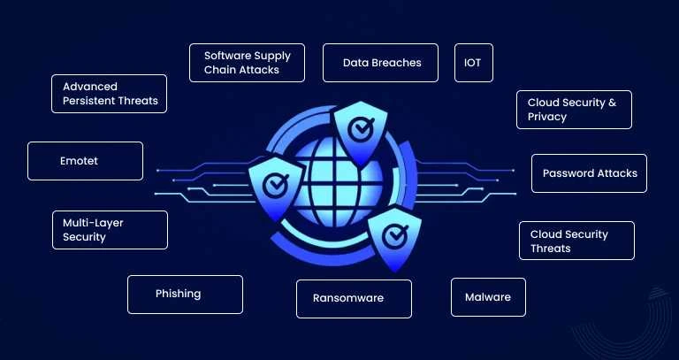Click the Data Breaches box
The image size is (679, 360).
pos(380,63)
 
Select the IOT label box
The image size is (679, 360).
pos(472,63)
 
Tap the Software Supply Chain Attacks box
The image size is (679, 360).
pos(248,63)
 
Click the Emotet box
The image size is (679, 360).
pos(85,161)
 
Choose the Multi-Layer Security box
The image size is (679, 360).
pos(110,230)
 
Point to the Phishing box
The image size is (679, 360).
pos(185,294)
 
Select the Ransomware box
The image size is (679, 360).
pos(354,298)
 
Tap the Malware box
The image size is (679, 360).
pos(488,297)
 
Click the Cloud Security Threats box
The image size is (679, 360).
pos(576,241)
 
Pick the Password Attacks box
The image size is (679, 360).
pos(590,173)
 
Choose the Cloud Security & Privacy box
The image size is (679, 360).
pos(574,110)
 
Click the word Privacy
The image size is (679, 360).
pos(547,117)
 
